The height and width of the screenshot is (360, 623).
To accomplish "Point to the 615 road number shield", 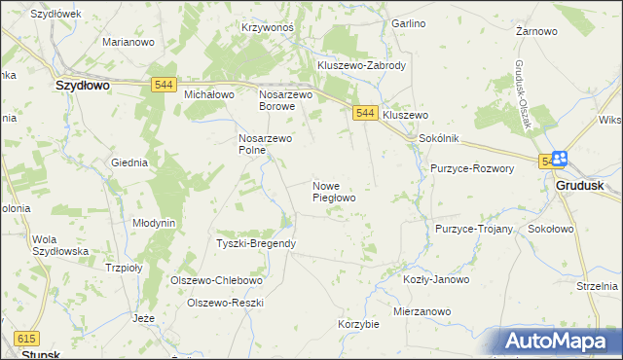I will pyautogui.click(x=26, y=338).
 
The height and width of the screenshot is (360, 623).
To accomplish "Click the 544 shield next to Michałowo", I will pyautogui.click(x=164, y=86).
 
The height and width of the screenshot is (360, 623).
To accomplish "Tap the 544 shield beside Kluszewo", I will pyautogui.click(x=365, y=114).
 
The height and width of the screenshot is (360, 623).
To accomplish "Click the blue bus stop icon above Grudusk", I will pyautogui.click(x=561, y=160).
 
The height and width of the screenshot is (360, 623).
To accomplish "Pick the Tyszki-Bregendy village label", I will pyautogui.click(x=256, y=243).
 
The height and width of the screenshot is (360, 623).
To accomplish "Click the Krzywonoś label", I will pyautogui.click(x=268, y=27).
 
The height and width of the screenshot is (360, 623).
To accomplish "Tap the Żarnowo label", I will pyautogui.click(x=536, y=31).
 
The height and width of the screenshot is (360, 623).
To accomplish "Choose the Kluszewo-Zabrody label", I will pyautogui.click(x=361, y=65).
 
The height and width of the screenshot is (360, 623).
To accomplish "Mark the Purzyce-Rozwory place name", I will pyautogui.click(x=472, y=167).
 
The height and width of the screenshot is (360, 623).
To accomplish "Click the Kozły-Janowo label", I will pyautogui.click(x=436, y=279).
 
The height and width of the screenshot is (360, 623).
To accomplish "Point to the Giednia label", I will pyautogui.click(x=129, y=162).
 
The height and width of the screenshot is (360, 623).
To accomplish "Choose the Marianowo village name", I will pyautogui.click(x=129, y=43).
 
